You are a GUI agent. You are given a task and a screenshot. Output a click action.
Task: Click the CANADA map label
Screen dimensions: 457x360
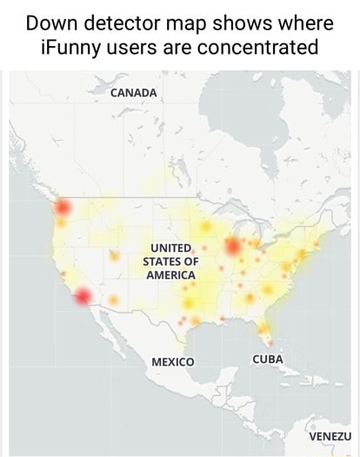pos(133,93)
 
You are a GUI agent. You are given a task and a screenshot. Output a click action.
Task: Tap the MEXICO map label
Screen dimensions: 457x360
pos(173,361)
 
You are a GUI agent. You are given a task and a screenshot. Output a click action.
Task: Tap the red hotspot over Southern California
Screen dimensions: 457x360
pos(83,296)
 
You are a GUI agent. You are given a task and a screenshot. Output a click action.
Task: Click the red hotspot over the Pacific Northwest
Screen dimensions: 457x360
pos(62,207)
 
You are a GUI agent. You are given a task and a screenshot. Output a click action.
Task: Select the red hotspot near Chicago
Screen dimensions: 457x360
pos(233,247)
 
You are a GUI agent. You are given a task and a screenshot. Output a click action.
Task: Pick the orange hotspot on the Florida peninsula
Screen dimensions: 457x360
pos(262,328)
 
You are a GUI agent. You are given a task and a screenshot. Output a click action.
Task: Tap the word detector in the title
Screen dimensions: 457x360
pos(141,19)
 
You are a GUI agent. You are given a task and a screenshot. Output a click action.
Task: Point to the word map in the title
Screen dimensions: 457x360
pos(208,19)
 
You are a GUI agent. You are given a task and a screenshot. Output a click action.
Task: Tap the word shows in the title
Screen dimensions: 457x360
pos(263,19)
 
